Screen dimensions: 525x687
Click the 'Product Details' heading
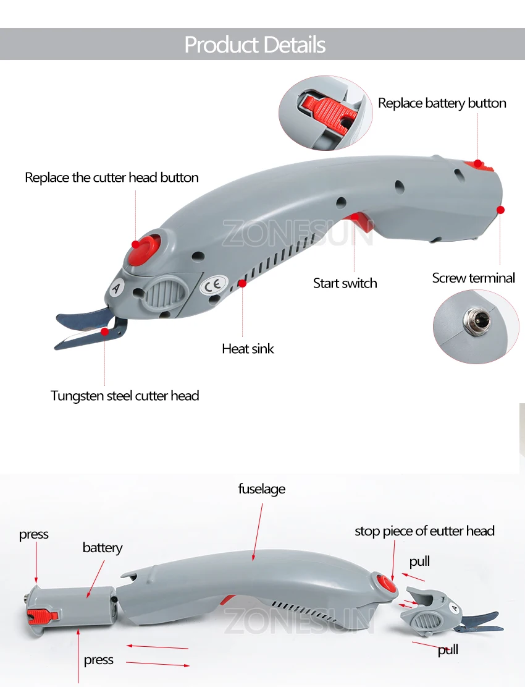pyautogui.click(x=255, y=45)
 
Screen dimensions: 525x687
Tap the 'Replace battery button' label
pyautogui.click(x=442, y=103)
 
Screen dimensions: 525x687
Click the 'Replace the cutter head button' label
pyautogui.click(x=112, y=177)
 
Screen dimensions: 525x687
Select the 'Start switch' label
pyautogui.click(x=345, y=283)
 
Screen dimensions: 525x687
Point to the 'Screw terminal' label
pyautogui.click(x=473, y=278)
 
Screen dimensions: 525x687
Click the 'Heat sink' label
pyautogui.click(x=248, y=349)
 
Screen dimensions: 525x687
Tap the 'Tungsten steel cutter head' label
pyautogui.click(x=125, y=396)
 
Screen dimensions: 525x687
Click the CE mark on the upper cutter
pyautogui.click(x=214, y=285)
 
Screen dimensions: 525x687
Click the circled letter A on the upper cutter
pyautogui.click(x=116, y=288)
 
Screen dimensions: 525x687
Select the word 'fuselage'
pyautogui.click(x=262, y=489)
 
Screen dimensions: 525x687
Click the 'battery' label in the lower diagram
pyautogui.click(x=103, y=548)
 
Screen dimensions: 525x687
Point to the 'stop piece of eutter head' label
pyautogui.click(x=424, y=531)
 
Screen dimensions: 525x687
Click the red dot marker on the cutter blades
pyautogui.click(x=104, y=331)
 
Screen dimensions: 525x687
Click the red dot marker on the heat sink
pyautogui.click(x=242, y=283)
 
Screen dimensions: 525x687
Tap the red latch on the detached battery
pyautogui.click(x=43, y=616)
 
